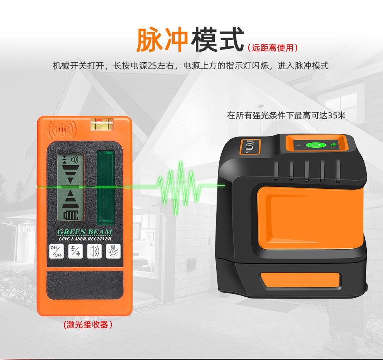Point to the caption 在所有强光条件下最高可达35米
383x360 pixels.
[x=286, y=116]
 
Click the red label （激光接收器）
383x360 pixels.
[x=88, y=325]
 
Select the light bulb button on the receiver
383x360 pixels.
[x=113, y=251]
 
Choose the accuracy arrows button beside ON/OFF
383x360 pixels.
[x=75, y=251]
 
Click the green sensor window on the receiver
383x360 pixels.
[x=106, y=188]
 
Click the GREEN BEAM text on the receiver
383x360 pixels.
[x=85, y=232]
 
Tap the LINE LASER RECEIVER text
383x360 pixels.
[x=85, y=239]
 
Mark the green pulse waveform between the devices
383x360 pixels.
[x=180, y=188]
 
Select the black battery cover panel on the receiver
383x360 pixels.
[x=85, y=285]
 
